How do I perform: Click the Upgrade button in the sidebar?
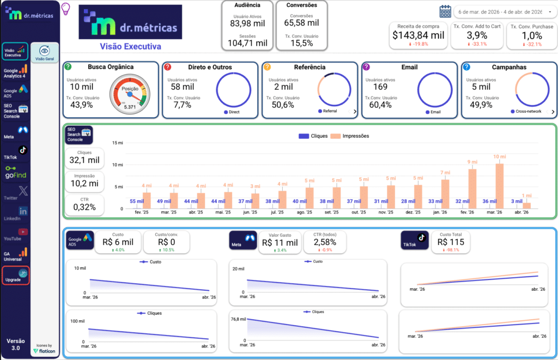point(15,276)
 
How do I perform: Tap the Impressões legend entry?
point(349,136)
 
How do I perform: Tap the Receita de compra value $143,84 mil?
point(418,35)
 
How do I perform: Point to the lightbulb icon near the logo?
point(66,9)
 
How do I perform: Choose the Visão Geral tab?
point(45,53)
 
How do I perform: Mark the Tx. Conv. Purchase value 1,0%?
point(531,35)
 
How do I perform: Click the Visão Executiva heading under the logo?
point(130,47)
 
